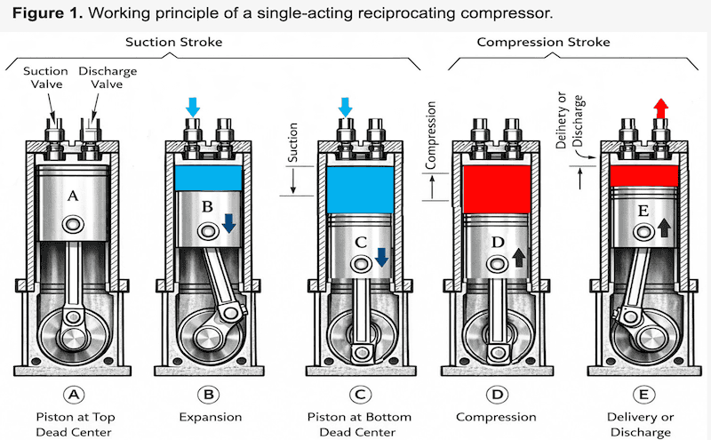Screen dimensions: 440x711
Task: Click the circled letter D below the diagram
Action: [x=496, y=394]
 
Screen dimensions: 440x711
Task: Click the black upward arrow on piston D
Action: [x=519, y=258]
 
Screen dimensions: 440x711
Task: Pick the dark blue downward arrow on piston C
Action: [x=381, y=258]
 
